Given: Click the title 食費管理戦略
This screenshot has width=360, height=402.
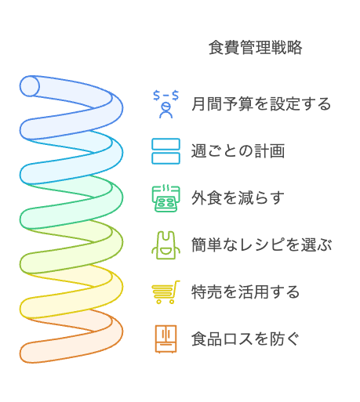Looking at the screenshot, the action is click(256, 48).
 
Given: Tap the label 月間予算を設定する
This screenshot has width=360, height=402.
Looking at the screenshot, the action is click(261, 103).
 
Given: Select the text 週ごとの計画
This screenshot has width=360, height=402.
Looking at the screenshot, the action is click(238, 151).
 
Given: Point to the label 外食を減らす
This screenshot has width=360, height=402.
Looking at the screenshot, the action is click(238, 197).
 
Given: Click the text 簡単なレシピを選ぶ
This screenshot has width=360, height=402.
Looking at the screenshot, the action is click(261, 244).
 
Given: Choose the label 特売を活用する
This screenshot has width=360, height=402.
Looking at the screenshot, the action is click(245, 292).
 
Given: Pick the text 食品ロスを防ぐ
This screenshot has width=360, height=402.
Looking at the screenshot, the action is click(245, 339).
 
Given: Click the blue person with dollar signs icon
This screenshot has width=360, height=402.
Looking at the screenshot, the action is click(165, 104).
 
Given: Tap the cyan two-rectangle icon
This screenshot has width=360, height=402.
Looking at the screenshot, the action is click(165, 151).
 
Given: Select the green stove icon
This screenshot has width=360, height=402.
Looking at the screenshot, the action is click(165, 198).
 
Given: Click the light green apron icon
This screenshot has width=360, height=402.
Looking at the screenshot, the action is click(165, 245).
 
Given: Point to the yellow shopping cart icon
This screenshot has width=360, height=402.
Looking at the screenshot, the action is click(165, 292).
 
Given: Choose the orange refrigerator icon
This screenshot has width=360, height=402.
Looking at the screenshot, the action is click(165, 339).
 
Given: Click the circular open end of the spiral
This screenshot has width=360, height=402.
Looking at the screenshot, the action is click(30, 86).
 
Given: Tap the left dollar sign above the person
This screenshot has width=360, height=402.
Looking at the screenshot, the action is click(156, 96).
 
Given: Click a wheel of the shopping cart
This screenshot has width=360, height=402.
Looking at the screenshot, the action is click(158, 301).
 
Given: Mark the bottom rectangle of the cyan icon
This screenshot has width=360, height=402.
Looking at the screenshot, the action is click(165, 158).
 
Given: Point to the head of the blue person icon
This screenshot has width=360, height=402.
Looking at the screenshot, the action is click(166, 107).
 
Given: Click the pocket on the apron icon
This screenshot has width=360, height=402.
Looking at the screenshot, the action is click(165, 252).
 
